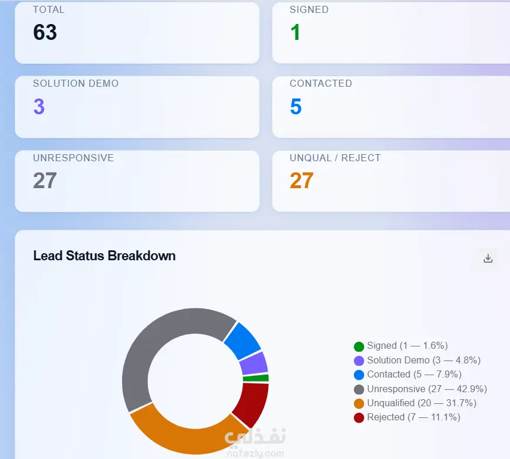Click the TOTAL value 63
point(45,32)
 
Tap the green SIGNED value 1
point(295,32)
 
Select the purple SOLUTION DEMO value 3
point(39,106)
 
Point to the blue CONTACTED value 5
point(296,106)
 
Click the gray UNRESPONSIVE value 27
point(45,181)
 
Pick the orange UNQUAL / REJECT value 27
point(302,181)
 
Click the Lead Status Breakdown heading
point(104,256)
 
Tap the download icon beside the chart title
point(488,259)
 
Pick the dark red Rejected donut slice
point(252,403)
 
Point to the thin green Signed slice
point(256,378)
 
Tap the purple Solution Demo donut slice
point(254,363)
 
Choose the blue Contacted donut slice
point(243,341)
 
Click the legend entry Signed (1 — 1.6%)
point(401,346)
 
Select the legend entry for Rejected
point(407,417)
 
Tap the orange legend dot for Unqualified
point(359,403)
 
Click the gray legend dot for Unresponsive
point(359,389)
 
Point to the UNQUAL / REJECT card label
point(335,158)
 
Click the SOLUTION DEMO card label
point(76,83)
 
